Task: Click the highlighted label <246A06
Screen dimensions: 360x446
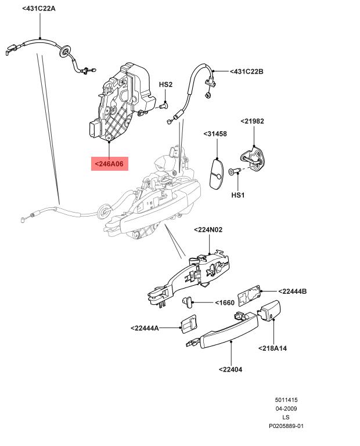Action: [110, 164]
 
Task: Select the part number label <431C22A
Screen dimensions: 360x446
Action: [39, 9]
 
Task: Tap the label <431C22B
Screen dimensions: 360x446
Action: [247, 71]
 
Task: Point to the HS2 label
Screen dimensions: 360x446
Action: [165, 84]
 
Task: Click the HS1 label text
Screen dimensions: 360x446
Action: [237, 195]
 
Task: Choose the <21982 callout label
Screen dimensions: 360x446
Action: [252, 121]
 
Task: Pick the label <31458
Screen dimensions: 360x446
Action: [215, 134]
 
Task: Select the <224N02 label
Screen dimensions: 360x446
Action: [208, 229]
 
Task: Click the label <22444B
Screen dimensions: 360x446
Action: [292, 292]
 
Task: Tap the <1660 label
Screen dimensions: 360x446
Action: [225, 303]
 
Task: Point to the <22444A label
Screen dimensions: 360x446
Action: [145, 328]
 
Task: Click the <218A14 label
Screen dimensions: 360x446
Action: [272, 348]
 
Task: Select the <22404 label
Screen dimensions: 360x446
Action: [231, 369]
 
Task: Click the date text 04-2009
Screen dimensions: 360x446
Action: [286, 409]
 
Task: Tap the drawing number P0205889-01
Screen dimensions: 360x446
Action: [286, 426]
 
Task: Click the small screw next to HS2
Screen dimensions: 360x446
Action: [164, 106]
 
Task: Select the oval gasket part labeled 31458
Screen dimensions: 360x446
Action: [217, 174]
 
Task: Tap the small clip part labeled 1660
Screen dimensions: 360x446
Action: [187, 301]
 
